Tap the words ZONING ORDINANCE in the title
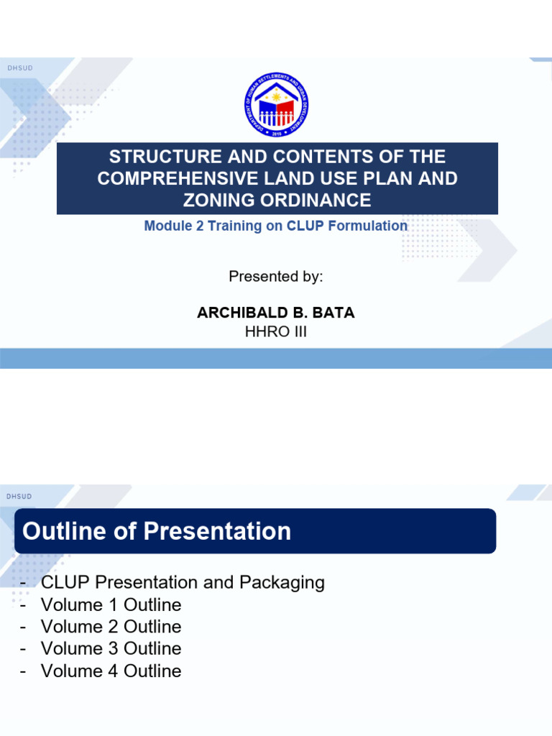pos(277,200)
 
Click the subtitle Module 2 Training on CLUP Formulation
pos(276,226)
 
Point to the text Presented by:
pos(276,277)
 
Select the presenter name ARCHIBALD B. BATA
pos(276,313)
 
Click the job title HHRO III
pos(276,332)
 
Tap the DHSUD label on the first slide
pos(19,68)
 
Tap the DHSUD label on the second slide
pos(19,497)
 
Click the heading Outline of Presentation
pos(157,531)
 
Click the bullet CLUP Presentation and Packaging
pos(183,582)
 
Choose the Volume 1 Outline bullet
pos(111,604)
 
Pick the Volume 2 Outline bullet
pos(111,627)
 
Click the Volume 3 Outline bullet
pos(111,649)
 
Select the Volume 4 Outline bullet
pos(111,671)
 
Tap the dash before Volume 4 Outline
pos(24,671)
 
